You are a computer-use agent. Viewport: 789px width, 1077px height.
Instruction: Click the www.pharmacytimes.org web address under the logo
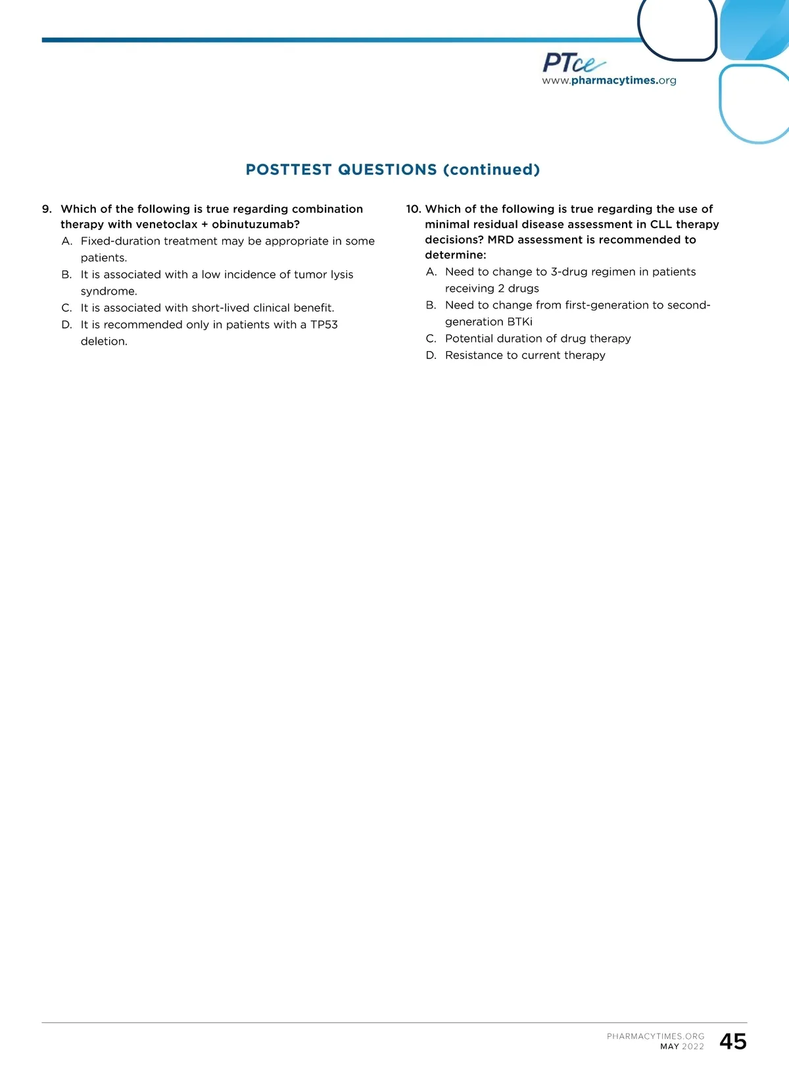point(609,81)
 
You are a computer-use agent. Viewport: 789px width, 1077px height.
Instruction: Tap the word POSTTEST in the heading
point(289,170)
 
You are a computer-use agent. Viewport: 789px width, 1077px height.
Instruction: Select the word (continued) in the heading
point(491,170)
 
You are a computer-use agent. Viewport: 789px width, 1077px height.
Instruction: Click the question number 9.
point(46,209)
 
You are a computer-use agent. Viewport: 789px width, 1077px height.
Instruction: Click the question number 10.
point(413,209)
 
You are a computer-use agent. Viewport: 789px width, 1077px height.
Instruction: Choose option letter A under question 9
point(66,241)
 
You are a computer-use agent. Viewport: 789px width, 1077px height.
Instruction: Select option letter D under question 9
point(66,325)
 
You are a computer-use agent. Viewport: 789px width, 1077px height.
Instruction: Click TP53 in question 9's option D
point(323,325)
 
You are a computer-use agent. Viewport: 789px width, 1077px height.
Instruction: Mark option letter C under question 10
point(431,339)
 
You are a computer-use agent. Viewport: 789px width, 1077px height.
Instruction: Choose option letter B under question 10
point(431,305)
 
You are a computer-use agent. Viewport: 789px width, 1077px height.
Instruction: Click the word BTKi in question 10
point(519,322)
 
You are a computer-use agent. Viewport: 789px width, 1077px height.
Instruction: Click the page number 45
point(733,1041)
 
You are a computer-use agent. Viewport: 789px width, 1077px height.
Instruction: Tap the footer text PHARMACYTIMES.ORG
point(656,1036)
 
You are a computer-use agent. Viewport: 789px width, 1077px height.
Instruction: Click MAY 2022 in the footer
point(682,1047)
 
